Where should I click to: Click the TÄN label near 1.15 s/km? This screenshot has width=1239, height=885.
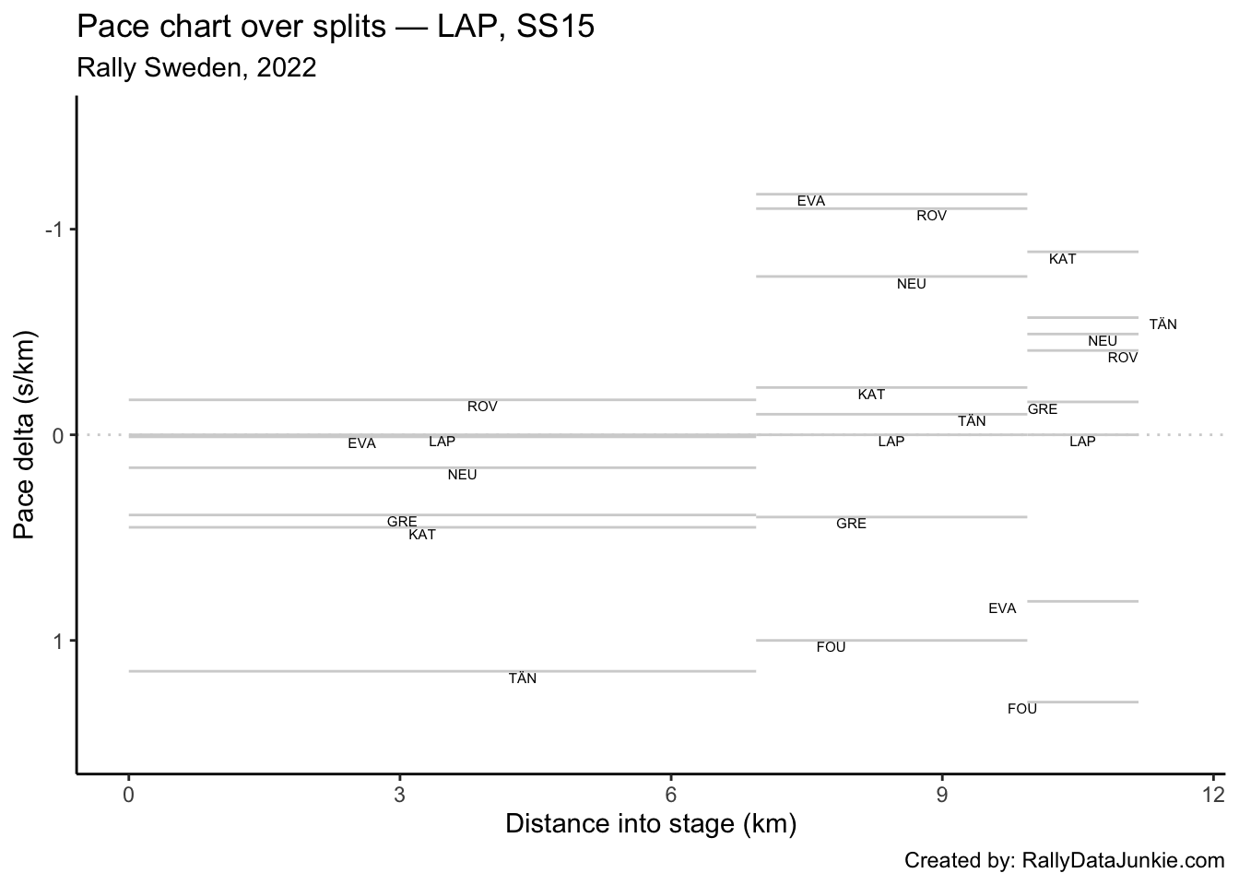(x=522, y=678)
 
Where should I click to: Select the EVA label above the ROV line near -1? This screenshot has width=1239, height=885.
(x=811, y=201)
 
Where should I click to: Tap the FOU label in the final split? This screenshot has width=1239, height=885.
(x=1021, y=709)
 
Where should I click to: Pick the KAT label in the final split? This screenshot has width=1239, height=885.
(x=1062, y=259)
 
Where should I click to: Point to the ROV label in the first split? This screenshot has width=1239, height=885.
(x=482, y=407)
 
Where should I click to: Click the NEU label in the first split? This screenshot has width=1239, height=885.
(x=462, y=475)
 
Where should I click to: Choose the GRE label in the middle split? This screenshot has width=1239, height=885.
(x=851, y=524)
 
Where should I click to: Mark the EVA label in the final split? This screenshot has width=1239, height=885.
(x=1002, y=608)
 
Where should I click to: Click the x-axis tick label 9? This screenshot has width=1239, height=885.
(x=942, y=795)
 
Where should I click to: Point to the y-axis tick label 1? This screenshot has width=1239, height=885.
(x=56, y=641)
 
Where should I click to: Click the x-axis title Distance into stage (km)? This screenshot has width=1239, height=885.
(x=650, y=823)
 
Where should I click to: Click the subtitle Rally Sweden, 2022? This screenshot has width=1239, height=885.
(x=196, y=67)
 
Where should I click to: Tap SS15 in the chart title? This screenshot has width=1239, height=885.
(x=556, y=28)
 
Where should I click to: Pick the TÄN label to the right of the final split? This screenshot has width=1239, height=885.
(x=1162, y=324)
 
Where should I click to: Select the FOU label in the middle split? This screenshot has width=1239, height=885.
(x=831, y=647)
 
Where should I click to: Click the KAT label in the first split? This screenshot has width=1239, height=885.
(x=422, y=535)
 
